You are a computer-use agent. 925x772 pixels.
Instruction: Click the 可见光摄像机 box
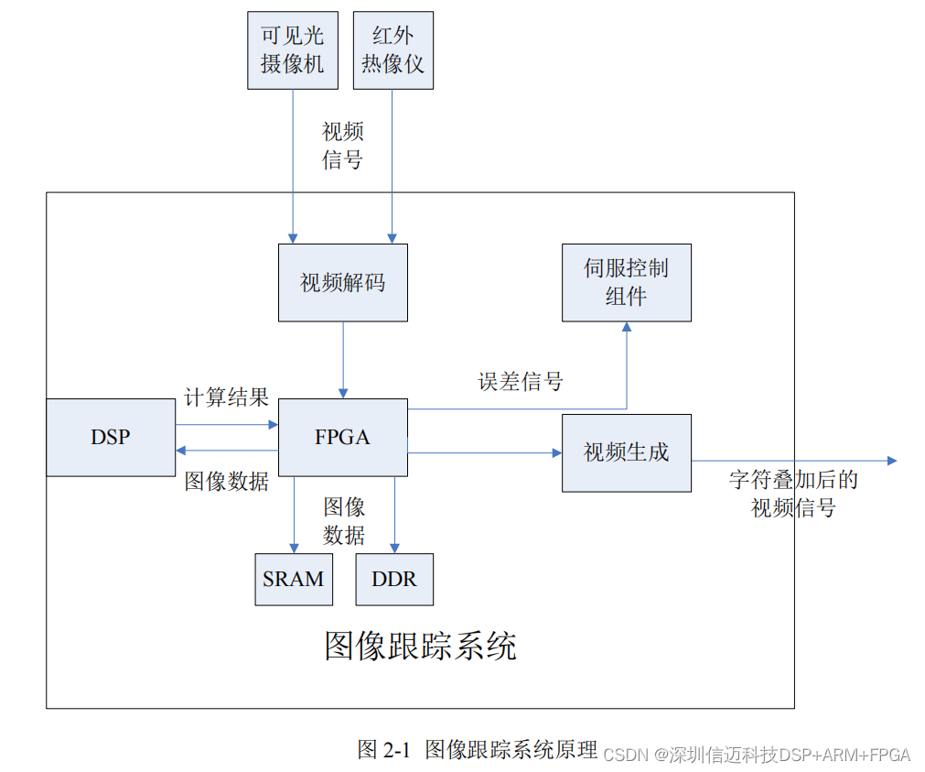click(x=293, y=50)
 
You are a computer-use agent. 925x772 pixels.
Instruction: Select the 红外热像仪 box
click(x=393, y=50)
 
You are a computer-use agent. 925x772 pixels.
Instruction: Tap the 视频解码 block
click(x=343, y=282)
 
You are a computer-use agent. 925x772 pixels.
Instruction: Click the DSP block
click(x=111, y=437)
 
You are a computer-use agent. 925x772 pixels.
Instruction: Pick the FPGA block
click(x=343, y=437)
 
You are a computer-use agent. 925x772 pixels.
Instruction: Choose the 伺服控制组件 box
click(x=627, y=282)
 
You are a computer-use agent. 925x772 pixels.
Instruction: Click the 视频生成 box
click(x=627, y=452)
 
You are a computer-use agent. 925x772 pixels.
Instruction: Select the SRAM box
click(x=294, y=579)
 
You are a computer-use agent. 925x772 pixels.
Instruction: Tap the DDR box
click(x=394, y=579)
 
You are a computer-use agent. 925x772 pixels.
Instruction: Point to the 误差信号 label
click(x=521, y=382)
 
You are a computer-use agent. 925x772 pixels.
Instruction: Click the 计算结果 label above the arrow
click(x=226, y=397)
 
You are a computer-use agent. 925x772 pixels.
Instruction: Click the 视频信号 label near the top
click(x=343, y=146)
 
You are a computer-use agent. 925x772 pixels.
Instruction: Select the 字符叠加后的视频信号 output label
click(x=793, y=494)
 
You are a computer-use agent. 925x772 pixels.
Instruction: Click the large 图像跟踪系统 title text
click(x=421, y=646)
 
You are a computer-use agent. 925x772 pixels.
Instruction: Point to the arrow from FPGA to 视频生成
click(x=485, y=452)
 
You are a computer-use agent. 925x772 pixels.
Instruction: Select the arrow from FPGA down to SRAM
click(x=295, y=515)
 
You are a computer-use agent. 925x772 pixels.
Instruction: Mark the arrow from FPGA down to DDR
click(x=394, y=515)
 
